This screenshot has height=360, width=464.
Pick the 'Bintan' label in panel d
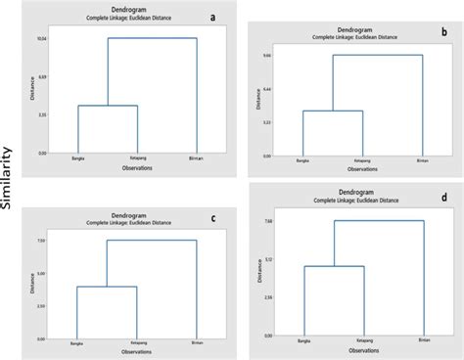[423, 339]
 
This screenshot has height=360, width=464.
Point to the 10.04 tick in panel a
[41, 38]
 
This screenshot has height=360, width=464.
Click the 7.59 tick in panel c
[41, 241]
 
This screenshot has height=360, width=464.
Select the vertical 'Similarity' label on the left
[8, 180]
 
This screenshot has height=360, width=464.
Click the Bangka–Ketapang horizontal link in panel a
[108, 106]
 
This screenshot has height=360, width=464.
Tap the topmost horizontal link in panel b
[377, 56]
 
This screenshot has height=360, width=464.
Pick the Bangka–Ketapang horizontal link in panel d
[334, 266]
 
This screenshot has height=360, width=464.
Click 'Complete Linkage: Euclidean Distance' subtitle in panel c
[132, 224]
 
